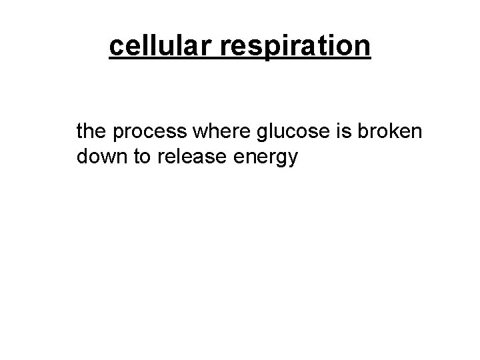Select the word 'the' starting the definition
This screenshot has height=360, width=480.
click(92, 132)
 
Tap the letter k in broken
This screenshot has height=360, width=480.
click(389, 132)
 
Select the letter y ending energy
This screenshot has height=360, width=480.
click(291, 161)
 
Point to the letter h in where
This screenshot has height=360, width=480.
click(203, 132)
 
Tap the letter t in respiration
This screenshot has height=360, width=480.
click(320, 46)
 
